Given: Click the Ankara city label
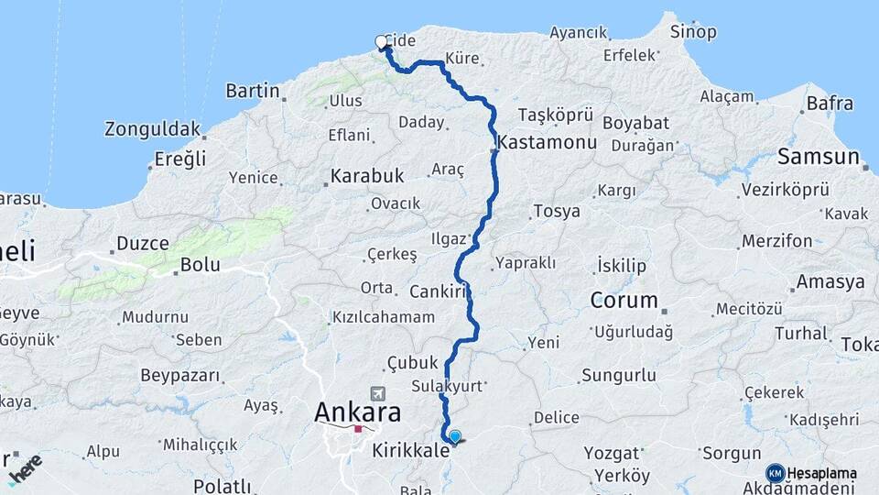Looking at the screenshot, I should point(357,412).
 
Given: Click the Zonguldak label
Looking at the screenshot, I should point(152,128).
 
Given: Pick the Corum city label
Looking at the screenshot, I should point(624,300).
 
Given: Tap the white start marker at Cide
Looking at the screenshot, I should point(381,41).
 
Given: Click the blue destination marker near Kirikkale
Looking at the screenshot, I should point(454,437).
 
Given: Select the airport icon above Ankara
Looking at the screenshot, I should point(377,392).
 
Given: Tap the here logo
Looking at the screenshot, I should point(25,467).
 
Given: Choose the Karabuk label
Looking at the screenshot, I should point(367,175).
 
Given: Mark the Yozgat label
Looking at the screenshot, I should point(613,453).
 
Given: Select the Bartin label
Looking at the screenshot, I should point(252,91).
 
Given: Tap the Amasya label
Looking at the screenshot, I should point(830,281).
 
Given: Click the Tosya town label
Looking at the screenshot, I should point(556,211).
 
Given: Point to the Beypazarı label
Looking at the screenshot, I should point(180,375).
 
